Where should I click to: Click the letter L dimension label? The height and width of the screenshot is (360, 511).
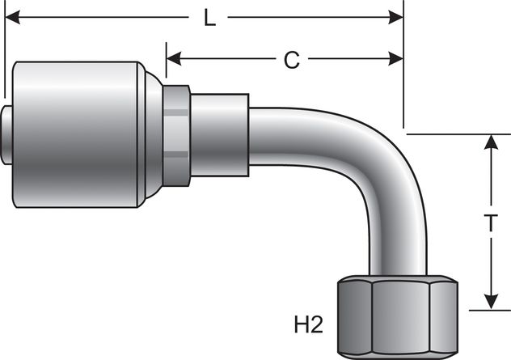(210, 18)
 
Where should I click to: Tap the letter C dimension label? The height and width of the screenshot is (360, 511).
(292, 59)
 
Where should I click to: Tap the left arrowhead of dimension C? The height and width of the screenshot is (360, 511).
(173, 58)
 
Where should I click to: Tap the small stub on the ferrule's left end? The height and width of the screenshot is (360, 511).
(8, 133)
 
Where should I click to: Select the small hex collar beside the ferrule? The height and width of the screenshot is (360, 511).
(176, 133)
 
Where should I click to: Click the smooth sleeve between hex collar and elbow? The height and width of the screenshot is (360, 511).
(218, 133)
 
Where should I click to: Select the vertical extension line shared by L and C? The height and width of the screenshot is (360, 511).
(403, 81)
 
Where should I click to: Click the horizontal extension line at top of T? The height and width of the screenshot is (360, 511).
(461, 133)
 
